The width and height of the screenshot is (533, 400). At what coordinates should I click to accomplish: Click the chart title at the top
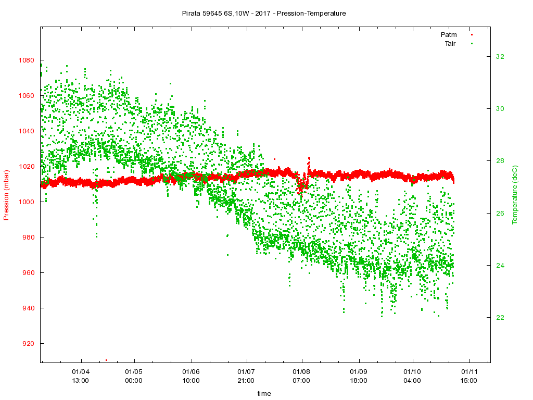point(264,14)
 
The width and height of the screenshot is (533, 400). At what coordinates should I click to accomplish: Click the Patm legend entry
point(448,34)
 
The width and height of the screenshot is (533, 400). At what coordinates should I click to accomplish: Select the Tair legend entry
point(450,43)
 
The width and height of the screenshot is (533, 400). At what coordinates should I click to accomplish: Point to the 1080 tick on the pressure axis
point(26,60)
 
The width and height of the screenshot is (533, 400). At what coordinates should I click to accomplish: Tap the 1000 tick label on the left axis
point(26,202)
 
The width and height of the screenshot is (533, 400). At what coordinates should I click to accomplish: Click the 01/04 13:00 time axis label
point(81,376)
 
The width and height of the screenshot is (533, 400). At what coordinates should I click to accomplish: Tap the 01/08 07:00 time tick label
point(301,376)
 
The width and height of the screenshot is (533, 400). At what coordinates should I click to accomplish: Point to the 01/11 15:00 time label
point(469,376)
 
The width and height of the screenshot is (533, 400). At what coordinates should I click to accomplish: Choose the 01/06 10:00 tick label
point(191,376)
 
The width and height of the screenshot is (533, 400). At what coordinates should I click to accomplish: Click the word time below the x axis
point(264,394)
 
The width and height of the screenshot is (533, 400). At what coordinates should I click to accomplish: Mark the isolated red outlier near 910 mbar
point(106,360)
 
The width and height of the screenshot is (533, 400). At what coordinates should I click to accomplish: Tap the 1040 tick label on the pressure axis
point(26,131)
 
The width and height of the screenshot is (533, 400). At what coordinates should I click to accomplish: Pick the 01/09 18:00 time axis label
point(359,376)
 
